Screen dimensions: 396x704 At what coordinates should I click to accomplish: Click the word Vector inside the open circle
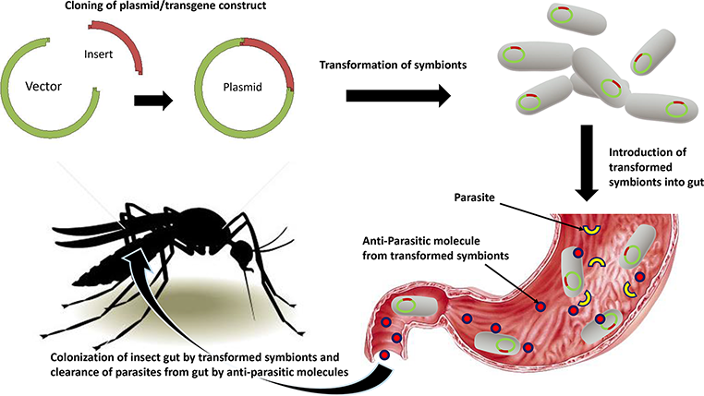[35, 91]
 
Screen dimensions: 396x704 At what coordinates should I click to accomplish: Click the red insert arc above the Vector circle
[138, 46]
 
